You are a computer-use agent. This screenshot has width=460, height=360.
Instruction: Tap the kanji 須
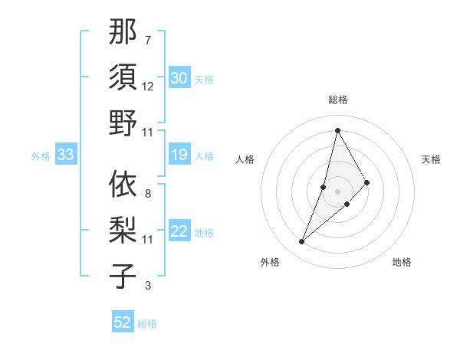coord(123,77)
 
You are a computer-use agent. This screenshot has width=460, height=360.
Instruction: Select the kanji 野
coord(123,123)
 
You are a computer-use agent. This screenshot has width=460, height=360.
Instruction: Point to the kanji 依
coord(123,184)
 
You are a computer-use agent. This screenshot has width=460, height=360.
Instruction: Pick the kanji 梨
coord(123,230)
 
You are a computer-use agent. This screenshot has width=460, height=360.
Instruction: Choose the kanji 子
coord(123,276)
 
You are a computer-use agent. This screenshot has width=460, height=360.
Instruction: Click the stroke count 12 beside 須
coord(148,86)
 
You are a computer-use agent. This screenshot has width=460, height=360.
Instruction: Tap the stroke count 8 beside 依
coord(147,193)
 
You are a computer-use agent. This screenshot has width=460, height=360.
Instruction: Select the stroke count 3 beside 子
coord(147,286)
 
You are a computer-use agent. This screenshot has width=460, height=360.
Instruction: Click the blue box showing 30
coord(179,78)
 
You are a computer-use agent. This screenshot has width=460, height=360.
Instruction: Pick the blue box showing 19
coord(179,155)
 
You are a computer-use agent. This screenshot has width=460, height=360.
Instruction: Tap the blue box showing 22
coord(179,232)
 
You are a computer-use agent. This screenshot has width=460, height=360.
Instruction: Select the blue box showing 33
coord(65,155)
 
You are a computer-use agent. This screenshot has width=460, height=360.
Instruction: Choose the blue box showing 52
coord(123,322)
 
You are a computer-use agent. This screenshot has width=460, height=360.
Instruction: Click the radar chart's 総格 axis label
coord(337,100)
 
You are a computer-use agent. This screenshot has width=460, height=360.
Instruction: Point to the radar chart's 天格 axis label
coord(431,159)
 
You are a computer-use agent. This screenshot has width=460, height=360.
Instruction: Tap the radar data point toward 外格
coord(301,242)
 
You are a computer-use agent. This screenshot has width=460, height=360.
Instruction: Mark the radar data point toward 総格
coord(337,130)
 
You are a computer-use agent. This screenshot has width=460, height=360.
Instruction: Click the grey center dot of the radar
coord(337,191)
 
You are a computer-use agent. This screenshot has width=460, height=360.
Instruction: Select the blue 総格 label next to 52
coord(147,324)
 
